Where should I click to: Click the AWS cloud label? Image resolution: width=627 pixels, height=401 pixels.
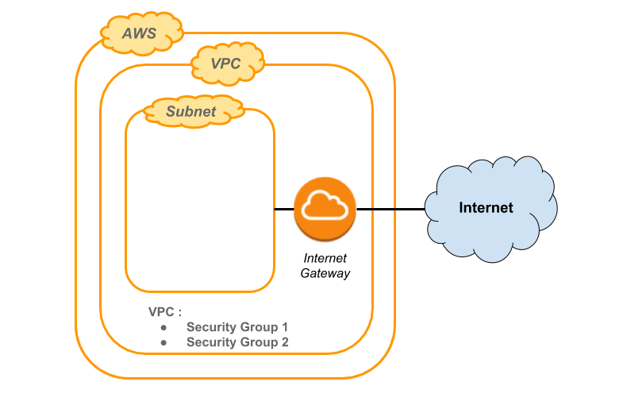point(140,34)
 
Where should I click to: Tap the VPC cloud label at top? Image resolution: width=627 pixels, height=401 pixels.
point(226,64)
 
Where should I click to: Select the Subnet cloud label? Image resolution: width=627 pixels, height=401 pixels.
point(191,111)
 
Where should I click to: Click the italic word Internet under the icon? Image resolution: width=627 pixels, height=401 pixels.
point(325,259)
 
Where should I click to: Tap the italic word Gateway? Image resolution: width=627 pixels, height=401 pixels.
point(325,273)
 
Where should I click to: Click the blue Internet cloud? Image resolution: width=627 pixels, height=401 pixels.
point(490,208)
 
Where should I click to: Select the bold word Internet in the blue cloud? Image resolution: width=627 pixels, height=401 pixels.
point(487,208)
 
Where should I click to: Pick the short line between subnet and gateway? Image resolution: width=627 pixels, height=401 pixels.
point(283,209)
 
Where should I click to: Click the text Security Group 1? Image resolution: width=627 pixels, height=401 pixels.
point(237,327)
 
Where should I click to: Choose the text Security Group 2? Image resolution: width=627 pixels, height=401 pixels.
point(237,342)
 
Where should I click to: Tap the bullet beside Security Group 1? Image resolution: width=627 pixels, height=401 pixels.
point(163,327)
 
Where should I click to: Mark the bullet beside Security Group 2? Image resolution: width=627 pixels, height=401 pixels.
point(163,342)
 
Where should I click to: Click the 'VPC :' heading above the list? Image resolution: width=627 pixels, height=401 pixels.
point(164,311)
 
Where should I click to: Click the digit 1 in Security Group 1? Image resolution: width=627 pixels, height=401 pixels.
point(284,327)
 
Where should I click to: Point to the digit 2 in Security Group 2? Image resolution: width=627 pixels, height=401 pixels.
point(284,342)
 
